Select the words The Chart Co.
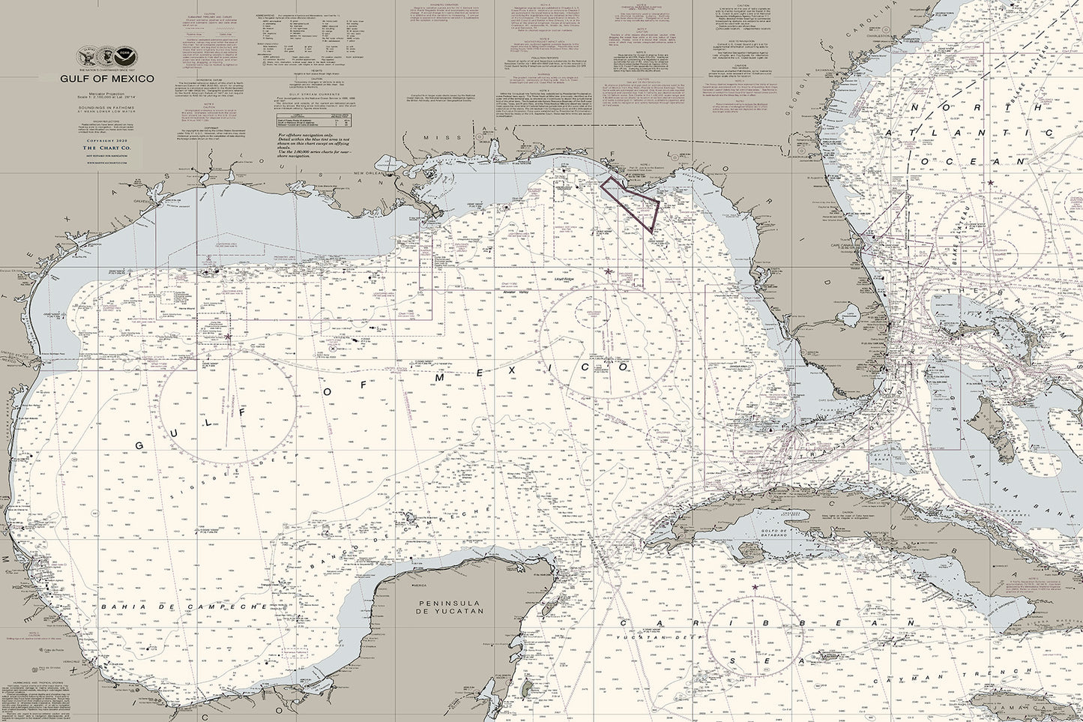pyautogui.click(x=106, y=150)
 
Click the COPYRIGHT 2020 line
pyautogui.click(x=106, y=140)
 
